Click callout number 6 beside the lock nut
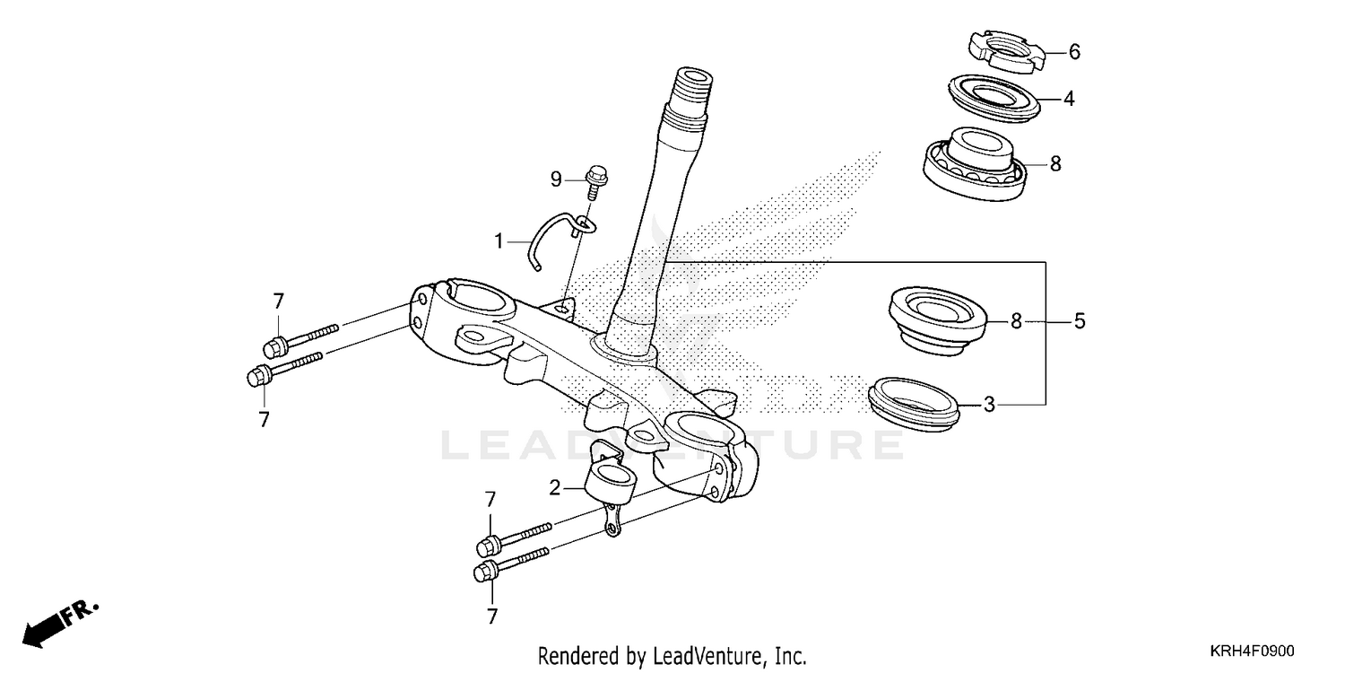coord(1074,52)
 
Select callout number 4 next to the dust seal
coord(1069,99)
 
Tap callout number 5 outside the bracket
coord(1080,320)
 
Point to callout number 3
coord(989,405)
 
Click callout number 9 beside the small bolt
coord(556,180)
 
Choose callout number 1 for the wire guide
coord(499,240)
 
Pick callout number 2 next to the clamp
coord(555,488)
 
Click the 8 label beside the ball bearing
coord(1055,163)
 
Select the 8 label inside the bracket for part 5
coord(1016,320)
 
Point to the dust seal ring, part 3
coord(915,399)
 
